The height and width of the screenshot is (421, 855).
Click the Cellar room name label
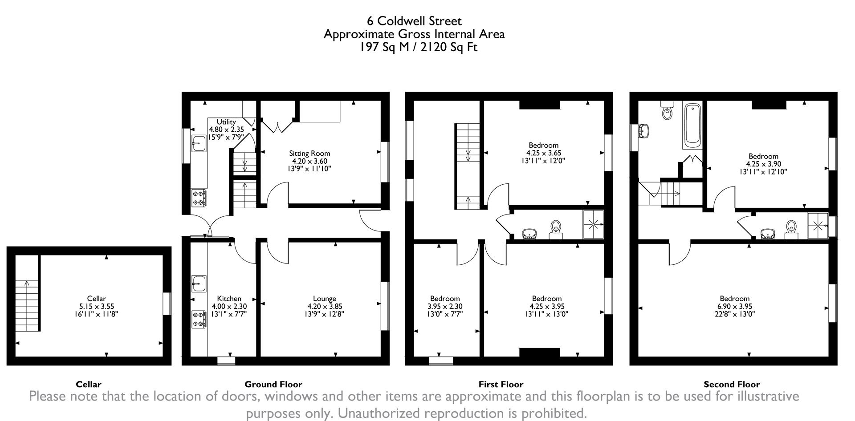(96, 299)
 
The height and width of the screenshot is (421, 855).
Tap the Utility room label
(226, 121)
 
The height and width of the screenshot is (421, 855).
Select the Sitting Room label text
(309, 154)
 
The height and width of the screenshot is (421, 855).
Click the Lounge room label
(324, 299)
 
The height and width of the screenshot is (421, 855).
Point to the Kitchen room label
(229, 299)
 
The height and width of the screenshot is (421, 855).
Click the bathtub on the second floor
(692, 125)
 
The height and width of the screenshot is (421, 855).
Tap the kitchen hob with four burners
(199, 320)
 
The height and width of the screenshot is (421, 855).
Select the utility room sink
(199, 143)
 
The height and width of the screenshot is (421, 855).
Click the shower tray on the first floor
(593, 224)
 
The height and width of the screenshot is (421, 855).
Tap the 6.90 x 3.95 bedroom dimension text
(734, 306)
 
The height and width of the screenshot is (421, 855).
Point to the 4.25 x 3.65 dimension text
(543, 153)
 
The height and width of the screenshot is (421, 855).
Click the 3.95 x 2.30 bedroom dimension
(444, 306)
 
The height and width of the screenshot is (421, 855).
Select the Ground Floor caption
(273, 384)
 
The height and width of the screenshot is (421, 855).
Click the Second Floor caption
(732, 384)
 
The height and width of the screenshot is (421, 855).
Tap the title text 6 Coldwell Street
(414, 21)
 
